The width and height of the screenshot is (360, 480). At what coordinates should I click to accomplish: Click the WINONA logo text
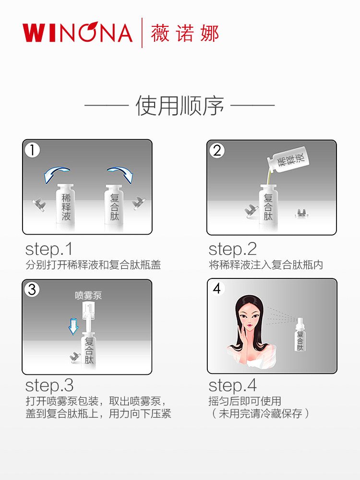pyautogui.click(x=77, y=33)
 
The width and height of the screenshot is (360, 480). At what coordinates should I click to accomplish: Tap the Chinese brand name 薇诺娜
pyautogui.click(x=185, y=33)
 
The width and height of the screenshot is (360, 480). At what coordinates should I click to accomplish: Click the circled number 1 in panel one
pyautogui.click(x=33, y=150)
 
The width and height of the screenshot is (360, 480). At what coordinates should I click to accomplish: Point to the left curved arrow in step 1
pyautogui.click(x=56, y=174)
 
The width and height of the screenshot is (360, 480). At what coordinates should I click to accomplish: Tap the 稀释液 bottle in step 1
pyautogui.click(x=66, y=204)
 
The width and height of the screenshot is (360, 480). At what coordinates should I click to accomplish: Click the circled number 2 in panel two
pyautogui.click(x=217, y=151)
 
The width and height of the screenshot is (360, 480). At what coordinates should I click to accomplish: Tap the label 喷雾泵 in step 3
pyautogui.click(x=88, y=295)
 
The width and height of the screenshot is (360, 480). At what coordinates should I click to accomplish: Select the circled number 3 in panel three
pyautogui.click(x=32, y=289)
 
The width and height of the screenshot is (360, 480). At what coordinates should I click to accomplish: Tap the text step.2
pyautogui.click(x=233, y=249)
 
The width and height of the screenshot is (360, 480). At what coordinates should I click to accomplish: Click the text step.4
pyautogui.click(x=233, y=385)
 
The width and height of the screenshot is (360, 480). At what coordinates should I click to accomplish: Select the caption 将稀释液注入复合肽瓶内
pyautogui.click(x=266, y=265)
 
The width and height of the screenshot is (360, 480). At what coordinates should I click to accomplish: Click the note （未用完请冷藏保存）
pyautogui.click(x=259, y=413)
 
